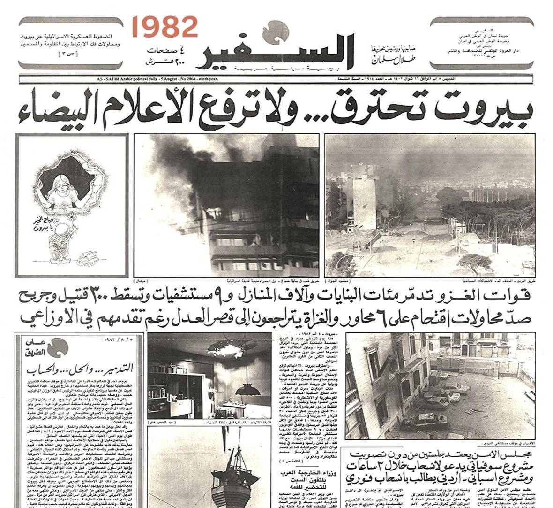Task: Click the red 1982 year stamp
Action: [164, 27]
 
